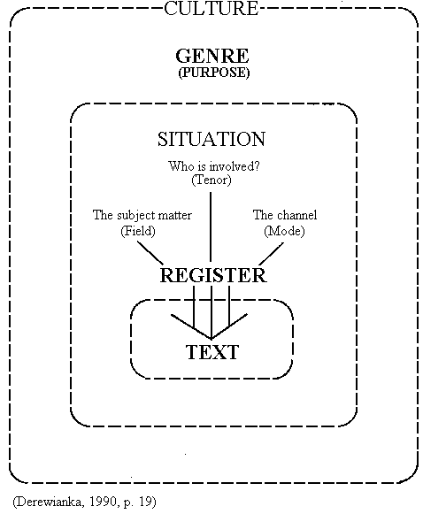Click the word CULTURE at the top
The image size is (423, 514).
click(211, 8)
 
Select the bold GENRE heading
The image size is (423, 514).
click(212, 56)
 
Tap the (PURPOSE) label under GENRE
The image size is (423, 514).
click(214, 73)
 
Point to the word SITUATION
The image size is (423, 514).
click(211, 139)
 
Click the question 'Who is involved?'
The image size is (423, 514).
click(214, 166)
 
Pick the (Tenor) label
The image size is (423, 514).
click(211, 180)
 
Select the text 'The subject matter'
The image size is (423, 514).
click(142, 215)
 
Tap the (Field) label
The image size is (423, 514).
click(138, 231)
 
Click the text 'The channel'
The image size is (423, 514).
click(285, 215)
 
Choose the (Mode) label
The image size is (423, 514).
click(284, 231)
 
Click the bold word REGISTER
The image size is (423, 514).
click(213, 275)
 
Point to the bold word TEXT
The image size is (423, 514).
click(212, 352)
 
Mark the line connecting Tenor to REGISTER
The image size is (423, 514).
click(211, 226)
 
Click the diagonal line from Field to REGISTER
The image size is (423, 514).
click(150, 253)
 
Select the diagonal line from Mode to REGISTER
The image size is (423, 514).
click(272, 254)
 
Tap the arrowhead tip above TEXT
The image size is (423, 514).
click(211, 339)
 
